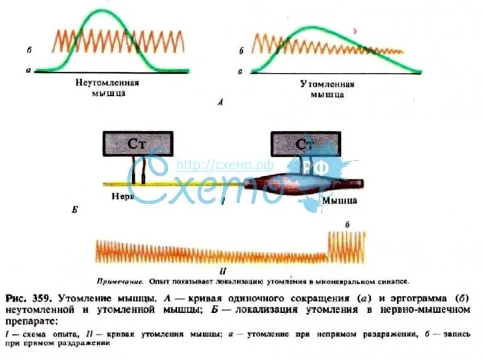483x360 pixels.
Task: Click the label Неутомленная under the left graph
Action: pos(107,83)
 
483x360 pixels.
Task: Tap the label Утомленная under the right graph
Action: pos(327,84)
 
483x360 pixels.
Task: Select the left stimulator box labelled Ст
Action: pos(138,144)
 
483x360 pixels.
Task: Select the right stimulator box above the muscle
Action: pos(305,144)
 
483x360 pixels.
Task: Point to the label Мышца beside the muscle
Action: pos(339,199)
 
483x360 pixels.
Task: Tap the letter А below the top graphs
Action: pos(220,103)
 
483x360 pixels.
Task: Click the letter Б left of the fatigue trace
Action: pos(74,211)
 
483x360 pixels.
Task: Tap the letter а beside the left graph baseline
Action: pos(28,71)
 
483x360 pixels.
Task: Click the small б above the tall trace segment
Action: pos(348,224)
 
